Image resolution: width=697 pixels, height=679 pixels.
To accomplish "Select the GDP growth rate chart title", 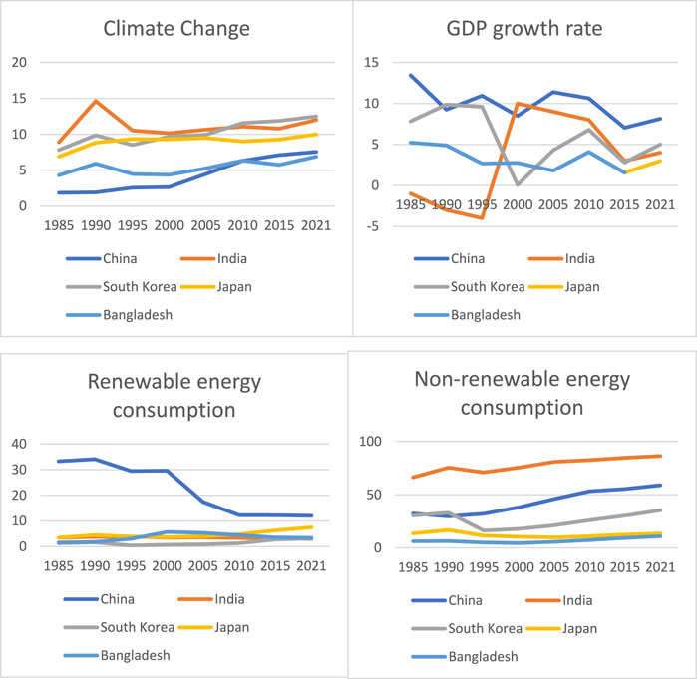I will [x=525, y=27].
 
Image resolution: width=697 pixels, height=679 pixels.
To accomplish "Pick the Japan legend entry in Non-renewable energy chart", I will [x=581, y=626].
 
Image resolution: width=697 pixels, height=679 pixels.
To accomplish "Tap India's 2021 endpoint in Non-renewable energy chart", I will [x=659, y=456].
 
